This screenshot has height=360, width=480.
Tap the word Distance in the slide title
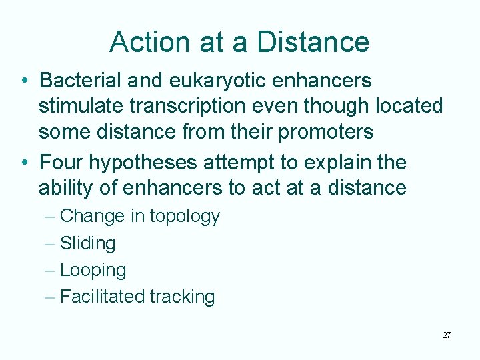[x=313, y=41]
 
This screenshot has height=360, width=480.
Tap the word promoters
[x=326, y=131]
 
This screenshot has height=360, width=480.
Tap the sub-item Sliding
[x=87, y=244]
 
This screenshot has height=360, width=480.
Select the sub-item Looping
[x=93, y=271]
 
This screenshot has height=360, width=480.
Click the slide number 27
[x=447, y=335]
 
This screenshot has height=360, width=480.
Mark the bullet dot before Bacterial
[x=24, y=81]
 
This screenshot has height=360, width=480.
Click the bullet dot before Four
[x=24, y=163]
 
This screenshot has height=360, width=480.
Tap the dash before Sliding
[x=50, y=244]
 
